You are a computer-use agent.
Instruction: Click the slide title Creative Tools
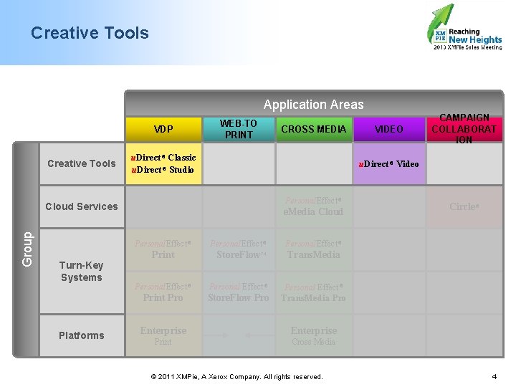[90, 33]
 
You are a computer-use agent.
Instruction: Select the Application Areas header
[313, 105]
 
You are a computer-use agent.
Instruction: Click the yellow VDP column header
[163, 129]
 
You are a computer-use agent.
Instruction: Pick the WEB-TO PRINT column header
[238, 129]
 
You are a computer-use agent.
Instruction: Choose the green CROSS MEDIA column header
[313, 129]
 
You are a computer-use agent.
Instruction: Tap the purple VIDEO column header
[389, 129]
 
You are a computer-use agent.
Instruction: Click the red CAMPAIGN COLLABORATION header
[464, 129]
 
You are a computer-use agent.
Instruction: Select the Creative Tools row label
[81, 163]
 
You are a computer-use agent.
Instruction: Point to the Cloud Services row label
[81, 206]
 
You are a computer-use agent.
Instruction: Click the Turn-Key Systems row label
[81, 271]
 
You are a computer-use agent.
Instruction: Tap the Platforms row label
[81, 335]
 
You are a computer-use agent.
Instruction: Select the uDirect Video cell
[389, 163]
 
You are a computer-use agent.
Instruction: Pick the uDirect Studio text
[163, 170]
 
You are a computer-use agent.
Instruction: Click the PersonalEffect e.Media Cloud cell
[313, 206]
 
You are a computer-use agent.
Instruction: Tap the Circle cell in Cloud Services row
[464, 206]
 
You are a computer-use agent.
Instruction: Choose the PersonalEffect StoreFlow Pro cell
[238, 292]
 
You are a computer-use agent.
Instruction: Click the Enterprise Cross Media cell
[313, 335]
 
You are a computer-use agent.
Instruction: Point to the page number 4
[494, 376]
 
